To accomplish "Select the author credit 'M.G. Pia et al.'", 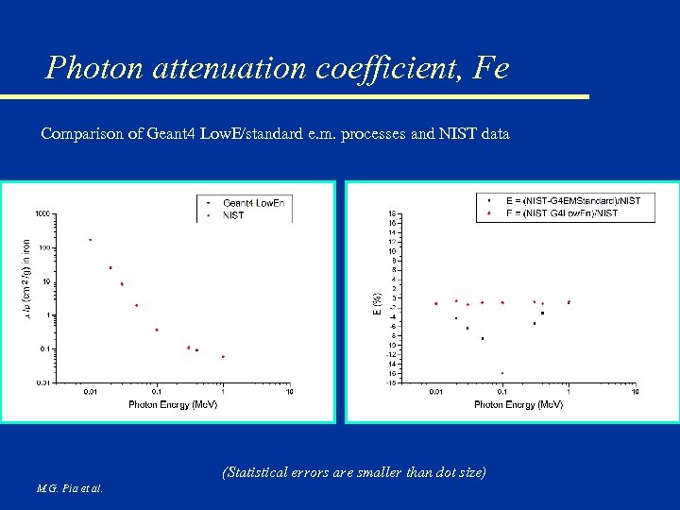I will (70, 488).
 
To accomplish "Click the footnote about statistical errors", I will (354, 471).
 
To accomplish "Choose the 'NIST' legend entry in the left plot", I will (232, 214).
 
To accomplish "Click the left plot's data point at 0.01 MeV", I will (91, 240).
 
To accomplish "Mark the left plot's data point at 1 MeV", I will (223, 357).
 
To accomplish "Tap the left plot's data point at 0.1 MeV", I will (157, 331).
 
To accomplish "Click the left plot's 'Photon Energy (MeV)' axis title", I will (173, 404).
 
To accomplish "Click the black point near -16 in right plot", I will (502, 373).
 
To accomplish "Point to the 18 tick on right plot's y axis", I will (392, 213).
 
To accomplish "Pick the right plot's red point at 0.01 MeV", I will (435, 304).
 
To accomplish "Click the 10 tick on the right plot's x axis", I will (636, 392).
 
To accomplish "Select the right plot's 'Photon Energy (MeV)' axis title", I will (518, 404).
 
